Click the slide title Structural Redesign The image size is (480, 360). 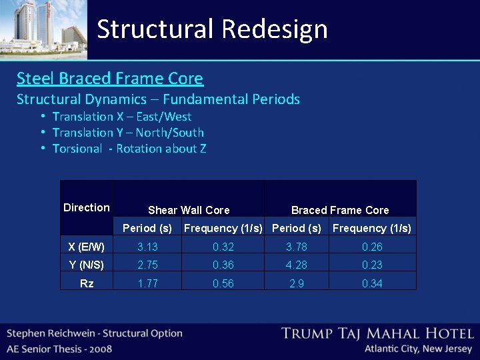(212, 29)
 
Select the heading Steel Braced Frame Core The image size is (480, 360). (110, 78)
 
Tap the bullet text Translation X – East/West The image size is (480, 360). (122, 117)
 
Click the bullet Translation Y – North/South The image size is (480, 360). (128, 133)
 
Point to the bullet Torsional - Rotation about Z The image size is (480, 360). (129, 149)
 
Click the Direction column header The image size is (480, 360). (87, 207)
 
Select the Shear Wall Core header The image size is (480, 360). (189, 210)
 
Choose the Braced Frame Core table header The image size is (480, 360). (340, 210)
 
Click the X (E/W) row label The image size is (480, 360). (87, 247)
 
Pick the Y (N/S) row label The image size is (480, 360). (87, 265)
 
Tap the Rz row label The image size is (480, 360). (87, 283)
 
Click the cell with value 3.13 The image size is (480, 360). (147, 247)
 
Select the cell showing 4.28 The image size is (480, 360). (297, 265)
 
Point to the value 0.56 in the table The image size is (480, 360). (223, 283)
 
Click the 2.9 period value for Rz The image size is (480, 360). (297, 283)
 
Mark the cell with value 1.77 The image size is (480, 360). (147, 283)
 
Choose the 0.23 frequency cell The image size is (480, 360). (372, 265)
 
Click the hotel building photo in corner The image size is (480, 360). (43, 29)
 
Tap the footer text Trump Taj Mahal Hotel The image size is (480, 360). (377, 333)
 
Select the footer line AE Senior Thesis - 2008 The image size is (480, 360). (60, 349)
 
